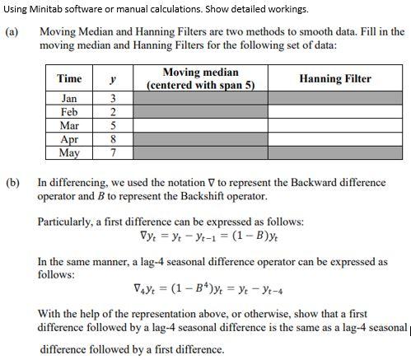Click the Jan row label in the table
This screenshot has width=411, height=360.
pyautogui.click(x=69, y=99)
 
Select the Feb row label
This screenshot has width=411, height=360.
pyautogui.click(x=69, y=113)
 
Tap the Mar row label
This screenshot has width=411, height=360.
pyautogui.click(x=69, y=126)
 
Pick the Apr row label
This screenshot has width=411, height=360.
pyautogui.click(x=69, y=140)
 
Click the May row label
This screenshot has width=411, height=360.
pyautogui.click(x=69, y=153)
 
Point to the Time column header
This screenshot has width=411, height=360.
pyautogui.click(x=69, y=78)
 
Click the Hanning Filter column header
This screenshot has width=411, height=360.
pyautogui.click(x=335, y=78)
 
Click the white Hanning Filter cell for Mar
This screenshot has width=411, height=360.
pyautogui.click(x=335, y=126)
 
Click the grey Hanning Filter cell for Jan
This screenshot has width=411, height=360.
pyautogui.click(x=335, y=99)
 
